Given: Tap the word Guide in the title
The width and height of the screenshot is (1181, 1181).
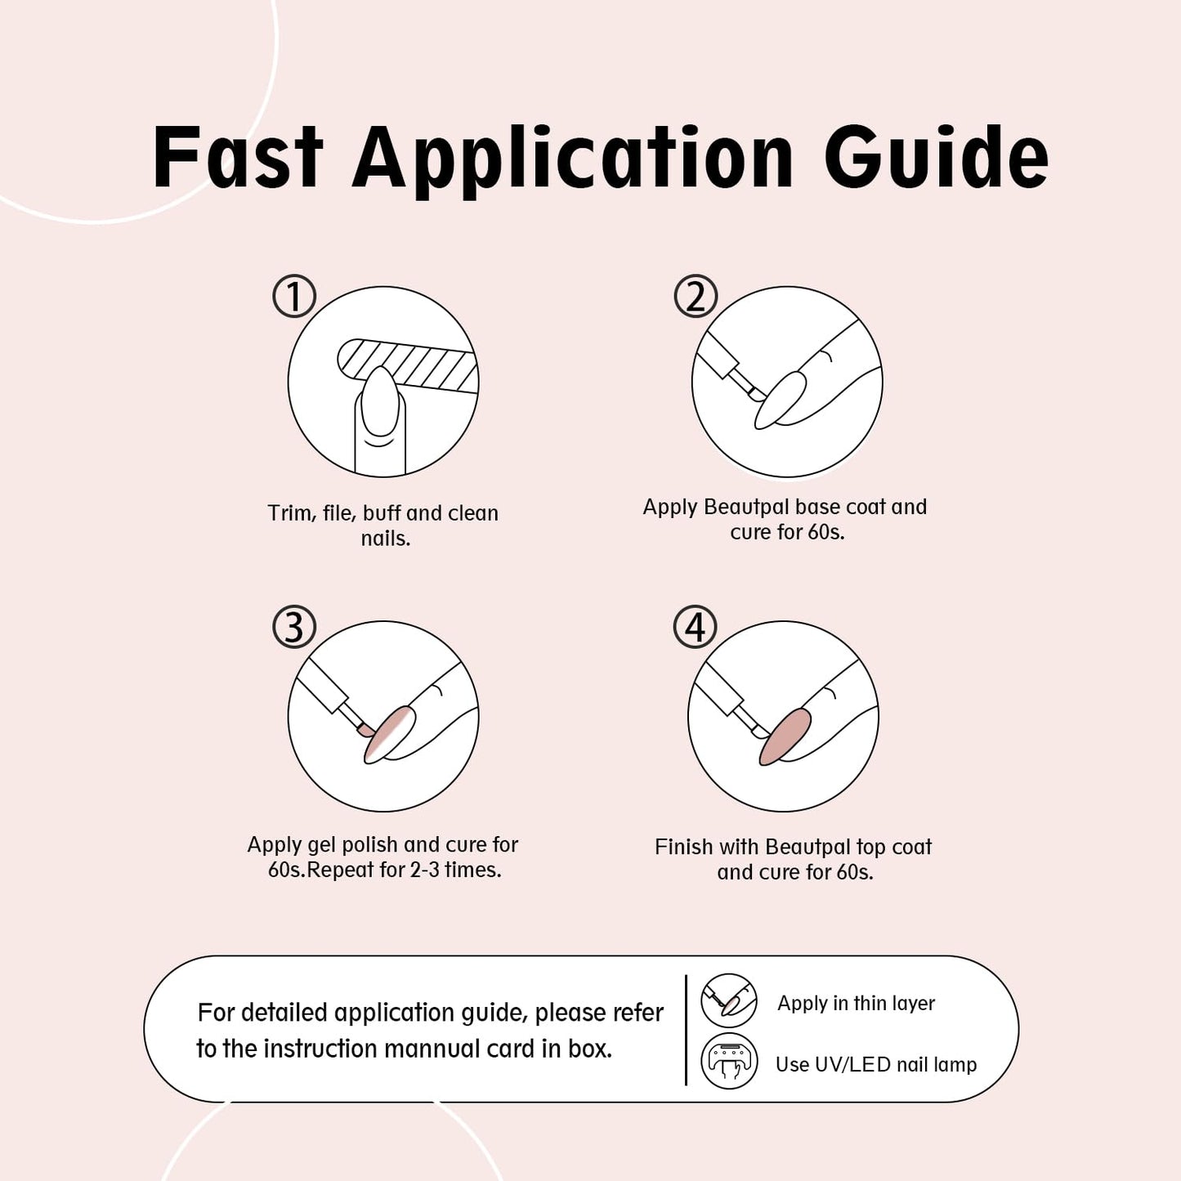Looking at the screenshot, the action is (936, 158).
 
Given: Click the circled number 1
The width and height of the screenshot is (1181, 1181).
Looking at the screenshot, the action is (294, 296).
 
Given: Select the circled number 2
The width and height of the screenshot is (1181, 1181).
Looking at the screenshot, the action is (696, 296).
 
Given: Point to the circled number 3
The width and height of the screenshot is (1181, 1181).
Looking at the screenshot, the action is (294, 627).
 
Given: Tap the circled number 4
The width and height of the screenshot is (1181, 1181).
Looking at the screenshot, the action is (695, 627).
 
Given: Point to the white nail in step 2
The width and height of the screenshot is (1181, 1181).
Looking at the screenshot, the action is (783, 400).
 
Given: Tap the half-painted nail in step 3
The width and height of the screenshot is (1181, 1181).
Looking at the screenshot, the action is (390, 734).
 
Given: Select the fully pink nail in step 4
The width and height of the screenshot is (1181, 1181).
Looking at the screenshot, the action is (785, 736).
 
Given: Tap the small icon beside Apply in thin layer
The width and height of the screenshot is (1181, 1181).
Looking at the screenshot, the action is (729, 1000).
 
